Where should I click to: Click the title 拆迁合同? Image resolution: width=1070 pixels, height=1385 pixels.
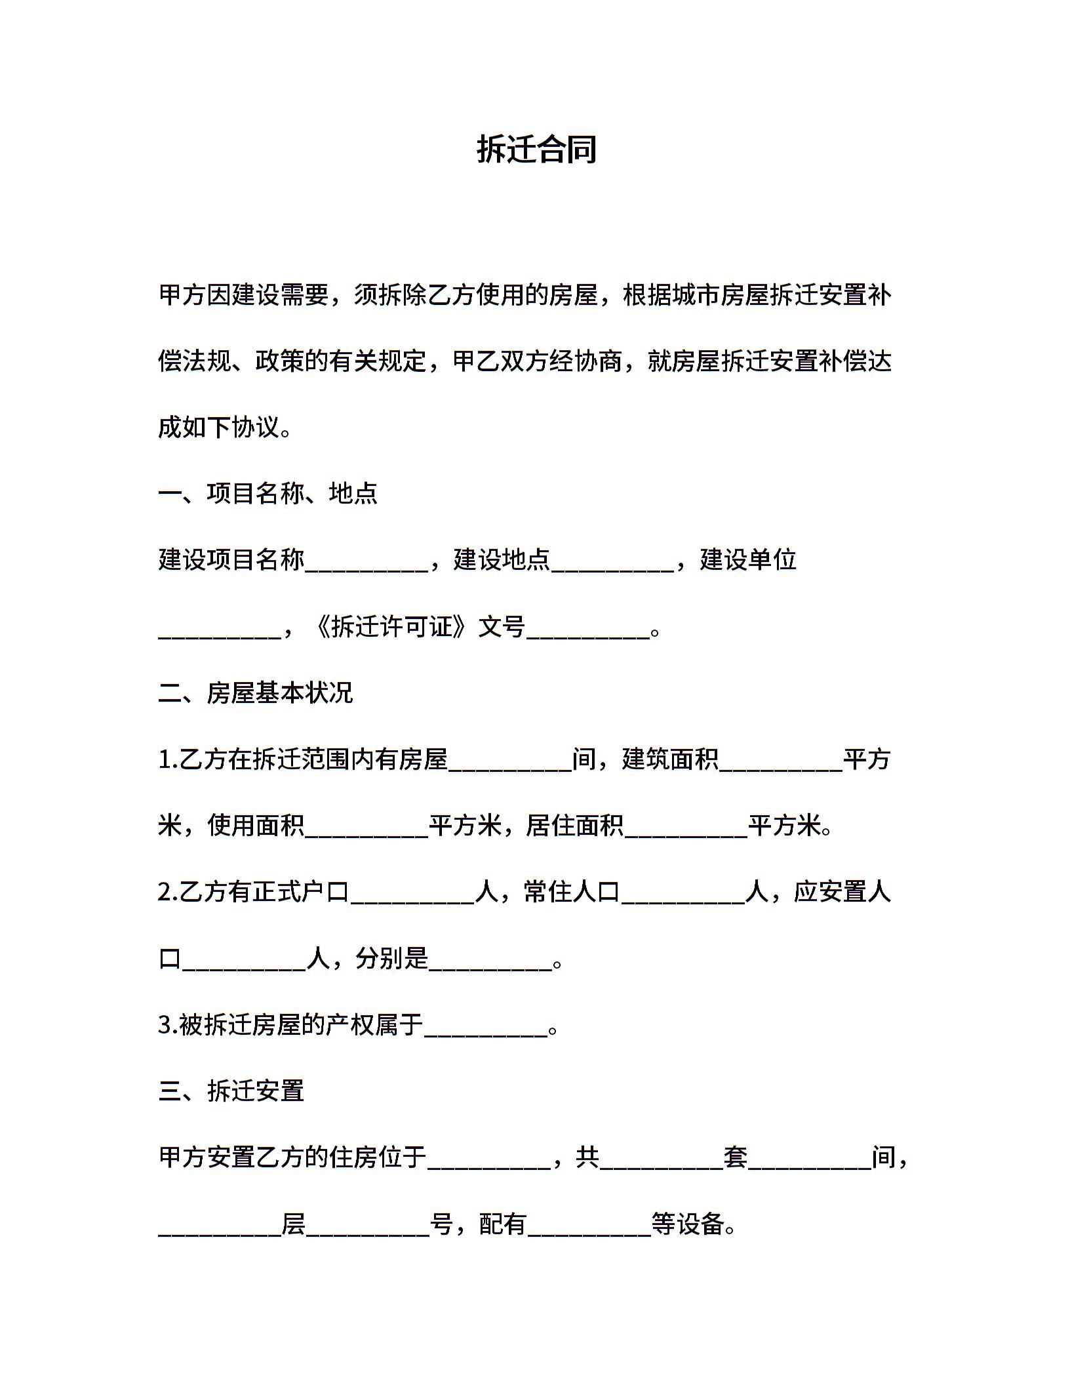pyautogui.click(x=536, y=150)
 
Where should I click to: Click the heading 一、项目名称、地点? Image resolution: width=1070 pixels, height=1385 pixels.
pyautogui.click(x=268, y=493)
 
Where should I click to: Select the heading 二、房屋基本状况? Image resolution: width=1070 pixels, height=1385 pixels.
pyautogui.click(x=256, y=692)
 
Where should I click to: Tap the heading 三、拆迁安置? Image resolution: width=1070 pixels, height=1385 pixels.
pyautogui.click(x=231, y=1091)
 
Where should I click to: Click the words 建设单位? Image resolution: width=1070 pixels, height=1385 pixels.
pyautogui.click(x=748, y=560)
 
